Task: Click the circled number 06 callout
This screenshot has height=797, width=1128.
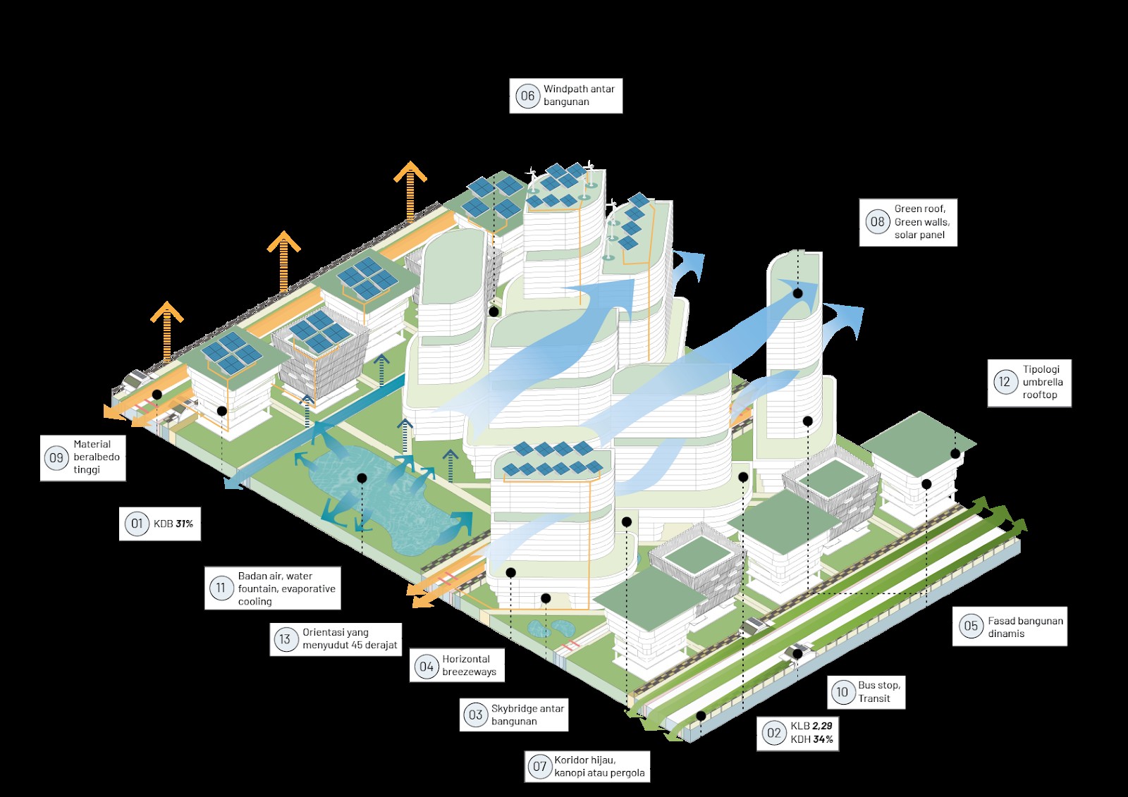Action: tap(527, 96)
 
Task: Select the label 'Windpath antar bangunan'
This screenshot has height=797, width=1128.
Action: tap(579, 95)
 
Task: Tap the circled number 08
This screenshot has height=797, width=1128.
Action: tap(877, 221)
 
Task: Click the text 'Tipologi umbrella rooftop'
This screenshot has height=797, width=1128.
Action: tap(1043, 382)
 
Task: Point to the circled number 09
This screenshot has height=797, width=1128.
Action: tap(56, 457)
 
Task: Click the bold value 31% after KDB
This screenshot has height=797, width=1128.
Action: tap(184, 524)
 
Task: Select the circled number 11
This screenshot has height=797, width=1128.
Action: tap(221, 588)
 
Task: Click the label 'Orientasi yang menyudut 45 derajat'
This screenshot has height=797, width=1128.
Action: tap(350, 638)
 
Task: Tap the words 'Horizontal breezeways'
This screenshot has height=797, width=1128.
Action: tap(470, 665)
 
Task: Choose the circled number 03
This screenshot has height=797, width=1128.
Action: tap(475, 715)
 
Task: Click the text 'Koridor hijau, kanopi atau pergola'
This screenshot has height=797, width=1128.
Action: tap(599, 766)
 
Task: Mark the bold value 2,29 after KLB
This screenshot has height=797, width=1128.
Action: tap(822, 726)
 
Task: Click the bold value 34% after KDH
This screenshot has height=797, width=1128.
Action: tap(823, 739)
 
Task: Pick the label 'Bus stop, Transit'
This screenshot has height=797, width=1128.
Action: tap(879, 692)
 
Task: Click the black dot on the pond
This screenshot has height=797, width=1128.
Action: tap(362, 478)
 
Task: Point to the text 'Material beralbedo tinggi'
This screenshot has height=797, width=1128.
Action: tap(97, 457)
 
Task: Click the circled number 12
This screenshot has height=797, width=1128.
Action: tap(1005, 382)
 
